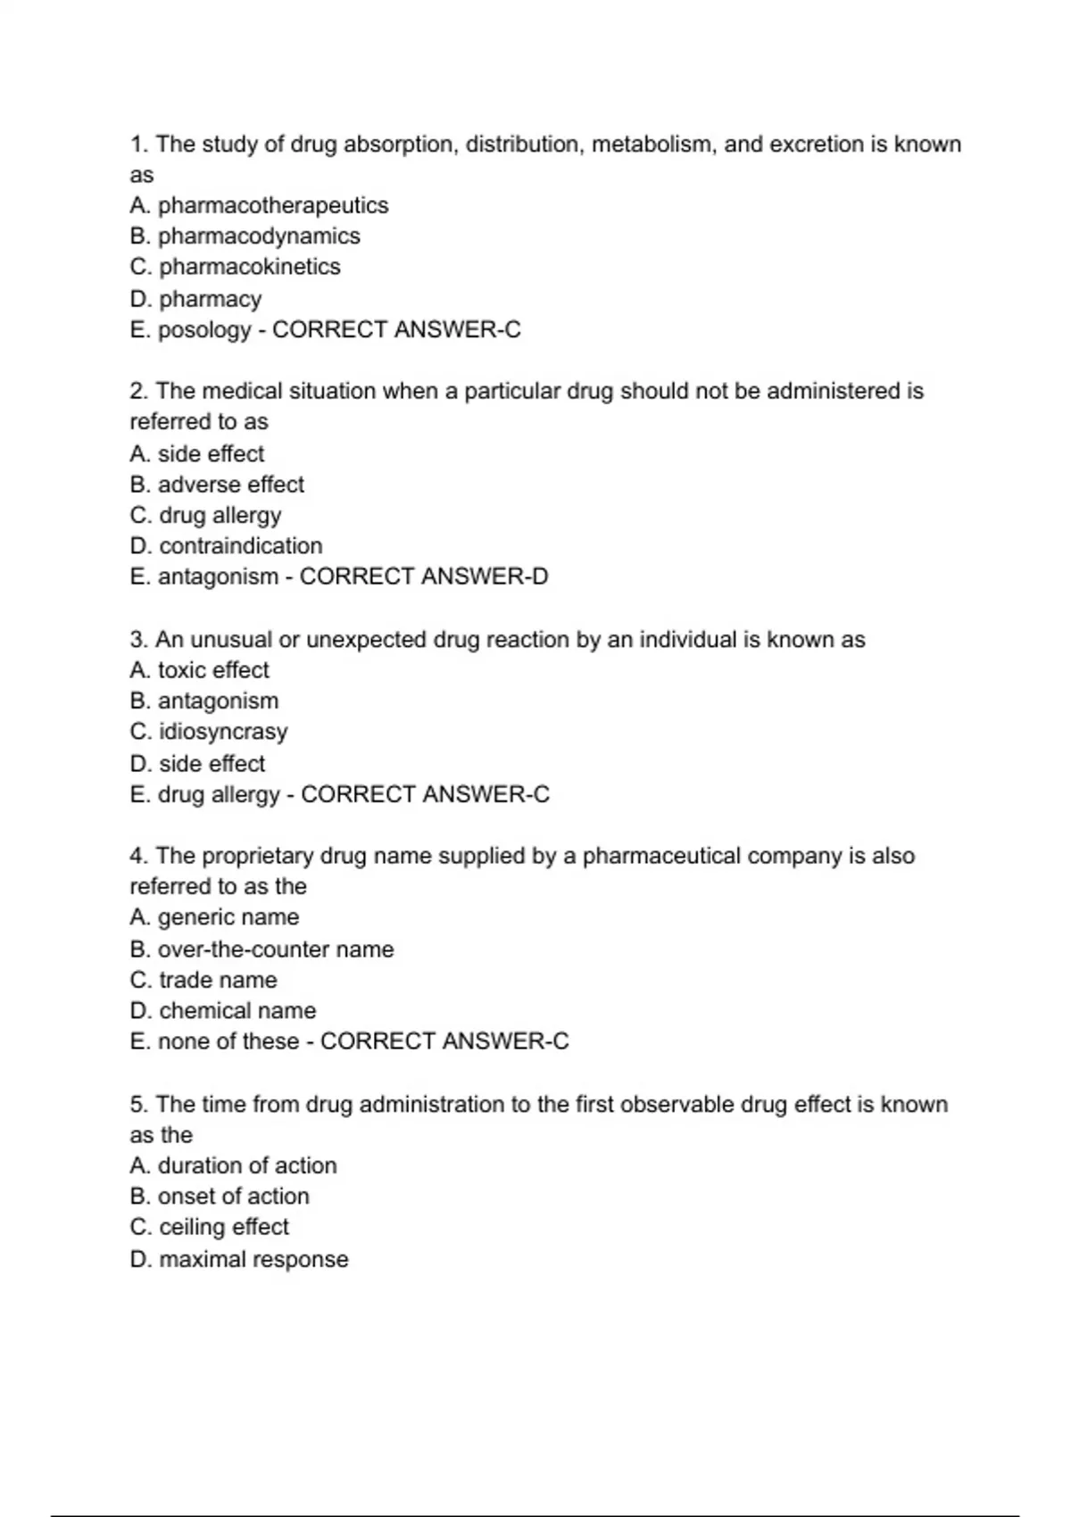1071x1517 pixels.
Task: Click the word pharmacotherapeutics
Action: (272, 205)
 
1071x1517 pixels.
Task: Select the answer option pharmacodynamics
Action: (259, 236)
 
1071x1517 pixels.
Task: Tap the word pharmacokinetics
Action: (249, 267)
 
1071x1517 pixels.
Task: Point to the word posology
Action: (204, 330)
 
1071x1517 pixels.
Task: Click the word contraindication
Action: (240, 546)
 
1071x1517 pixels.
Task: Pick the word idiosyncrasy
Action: (223, 732)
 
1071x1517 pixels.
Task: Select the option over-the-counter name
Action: (275, 949)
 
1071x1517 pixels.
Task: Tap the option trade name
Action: (218, 980)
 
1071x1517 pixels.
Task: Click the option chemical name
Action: (237, 1011)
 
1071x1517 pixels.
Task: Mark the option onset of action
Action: (233, 1197)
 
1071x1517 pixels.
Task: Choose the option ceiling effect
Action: (223, 1227)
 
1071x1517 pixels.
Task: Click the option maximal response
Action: (253, 1259)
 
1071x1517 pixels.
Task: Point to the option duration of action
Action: (247, 1165)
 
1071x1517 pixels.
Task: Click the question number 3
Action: (138, 640)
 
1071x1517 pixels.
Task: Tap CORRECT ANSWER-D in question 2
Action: (424, 576)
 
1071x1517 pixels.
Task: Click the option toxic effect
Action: (213, 670)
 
